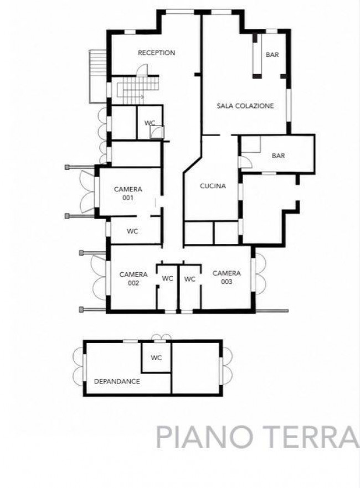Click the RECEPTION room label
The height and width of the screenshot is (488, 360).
pos(156,53)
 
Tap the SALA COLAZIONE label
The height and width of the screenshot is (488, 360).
pos(245,106)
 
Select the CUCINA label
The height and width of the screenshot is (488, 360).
pos(213,186)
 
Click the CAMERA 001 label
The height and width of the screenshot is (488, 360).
pos(128,193)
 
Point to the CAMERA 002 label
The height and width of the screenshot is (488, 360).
pos(133,278)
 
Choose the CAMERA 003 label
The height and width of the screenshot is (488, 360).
pos(227,277)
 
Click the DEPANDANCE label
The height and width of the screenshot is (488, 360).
pos(117,381)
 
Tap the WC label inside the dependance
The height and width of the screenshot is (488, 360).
pos(156,358)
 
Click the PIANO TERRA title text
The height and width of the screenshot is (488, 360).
pos(257,437)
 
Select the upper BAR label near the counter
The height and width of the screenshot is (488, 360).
pos(272,55)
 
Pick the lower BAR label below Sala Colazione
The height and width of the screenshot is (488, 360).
pos(278,155)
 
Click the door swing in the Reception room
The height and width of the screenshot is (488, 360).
pos(143,70)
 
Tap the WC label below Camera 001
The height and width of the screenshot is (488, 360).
pos(132,231)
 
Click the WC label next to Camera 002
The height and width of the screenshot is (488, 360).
pos(168,278)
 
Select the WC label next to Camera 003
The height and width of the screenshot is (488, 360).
pos(189,279)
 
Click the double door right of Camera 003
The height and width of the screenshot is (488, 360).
pos(260,273)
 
